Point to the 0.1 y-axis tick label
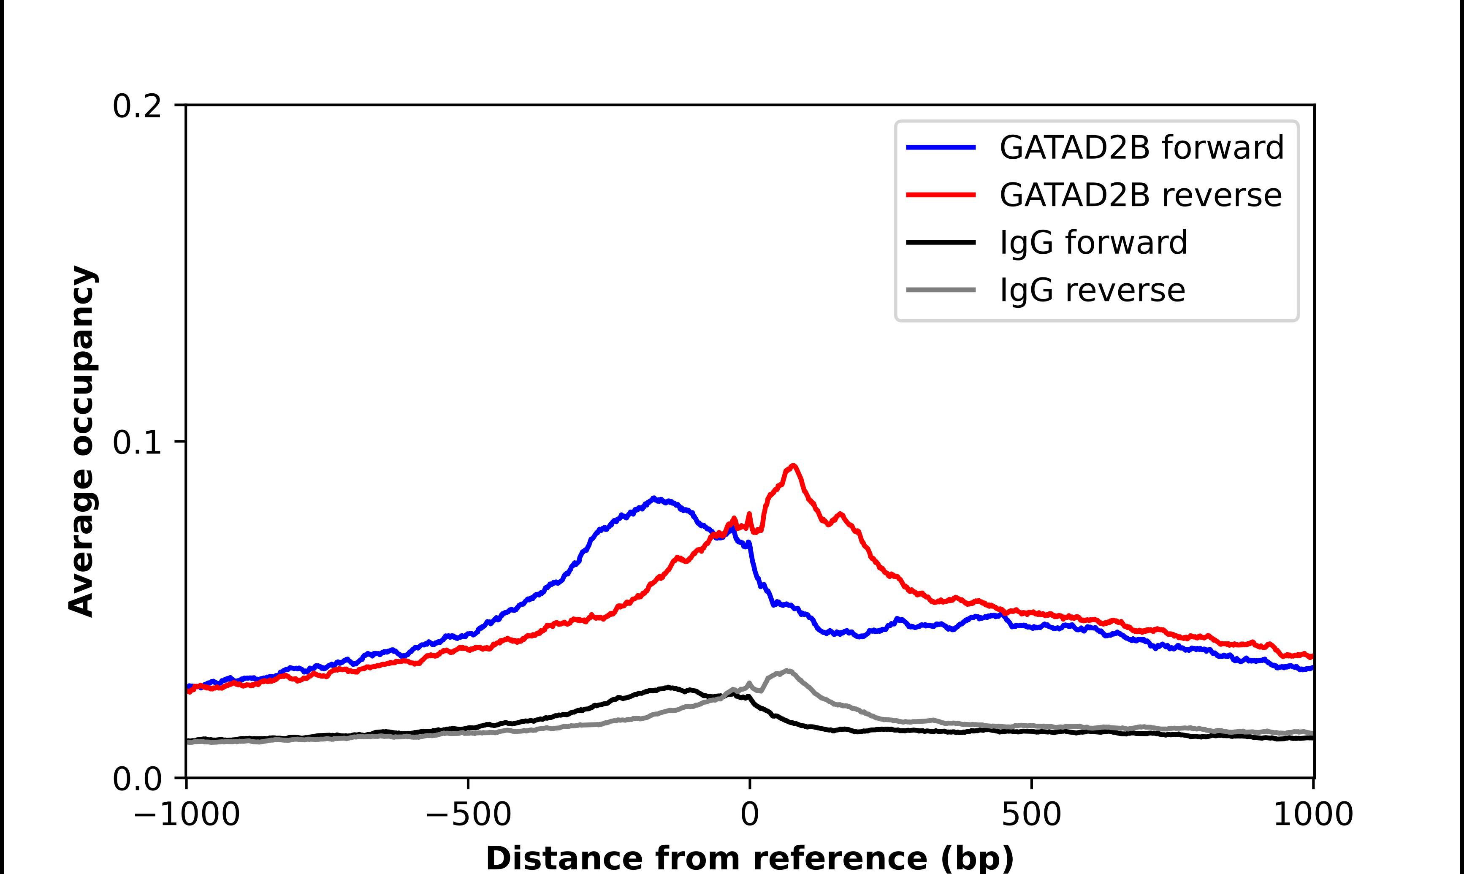coord(137,443)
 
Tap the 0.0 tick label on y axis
coord(137,779)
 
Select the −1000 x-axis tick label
coord(187,815)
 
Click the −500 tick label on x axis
coord(469,815)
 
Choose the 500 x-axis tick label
coord(1031,815)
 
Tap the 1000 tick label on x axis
coord(1313,815)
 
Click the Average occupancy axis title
coord(82,441)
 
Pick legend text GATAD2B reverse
coord(1140,195)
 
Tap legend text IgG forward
coord(1093,243)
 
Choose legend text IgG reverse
coord(1092,290)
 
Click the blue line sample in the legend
coord(941,147)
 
